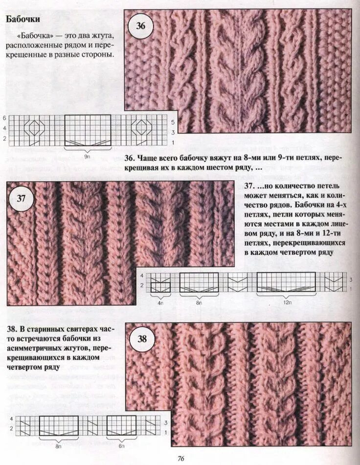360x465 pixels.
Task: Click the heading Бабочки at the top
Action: point(22,20)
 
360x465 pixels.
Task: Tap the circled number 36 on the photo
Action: point(140,26)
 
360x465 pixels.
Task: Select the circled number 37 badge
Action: point(22,199)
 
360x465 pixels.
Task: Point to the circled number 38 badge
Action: point(141,339)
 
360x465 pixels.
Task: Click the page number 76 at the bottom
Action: point(180,458)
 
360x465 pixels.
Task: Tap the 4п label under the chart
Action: point(160,303)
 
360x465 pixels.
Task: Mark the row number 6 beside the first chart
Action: point(4,118)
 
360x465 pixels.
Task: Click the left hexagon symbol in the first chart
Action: point(34,128)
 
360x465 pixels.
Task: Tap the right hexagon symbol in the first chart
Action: point(141,128)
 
